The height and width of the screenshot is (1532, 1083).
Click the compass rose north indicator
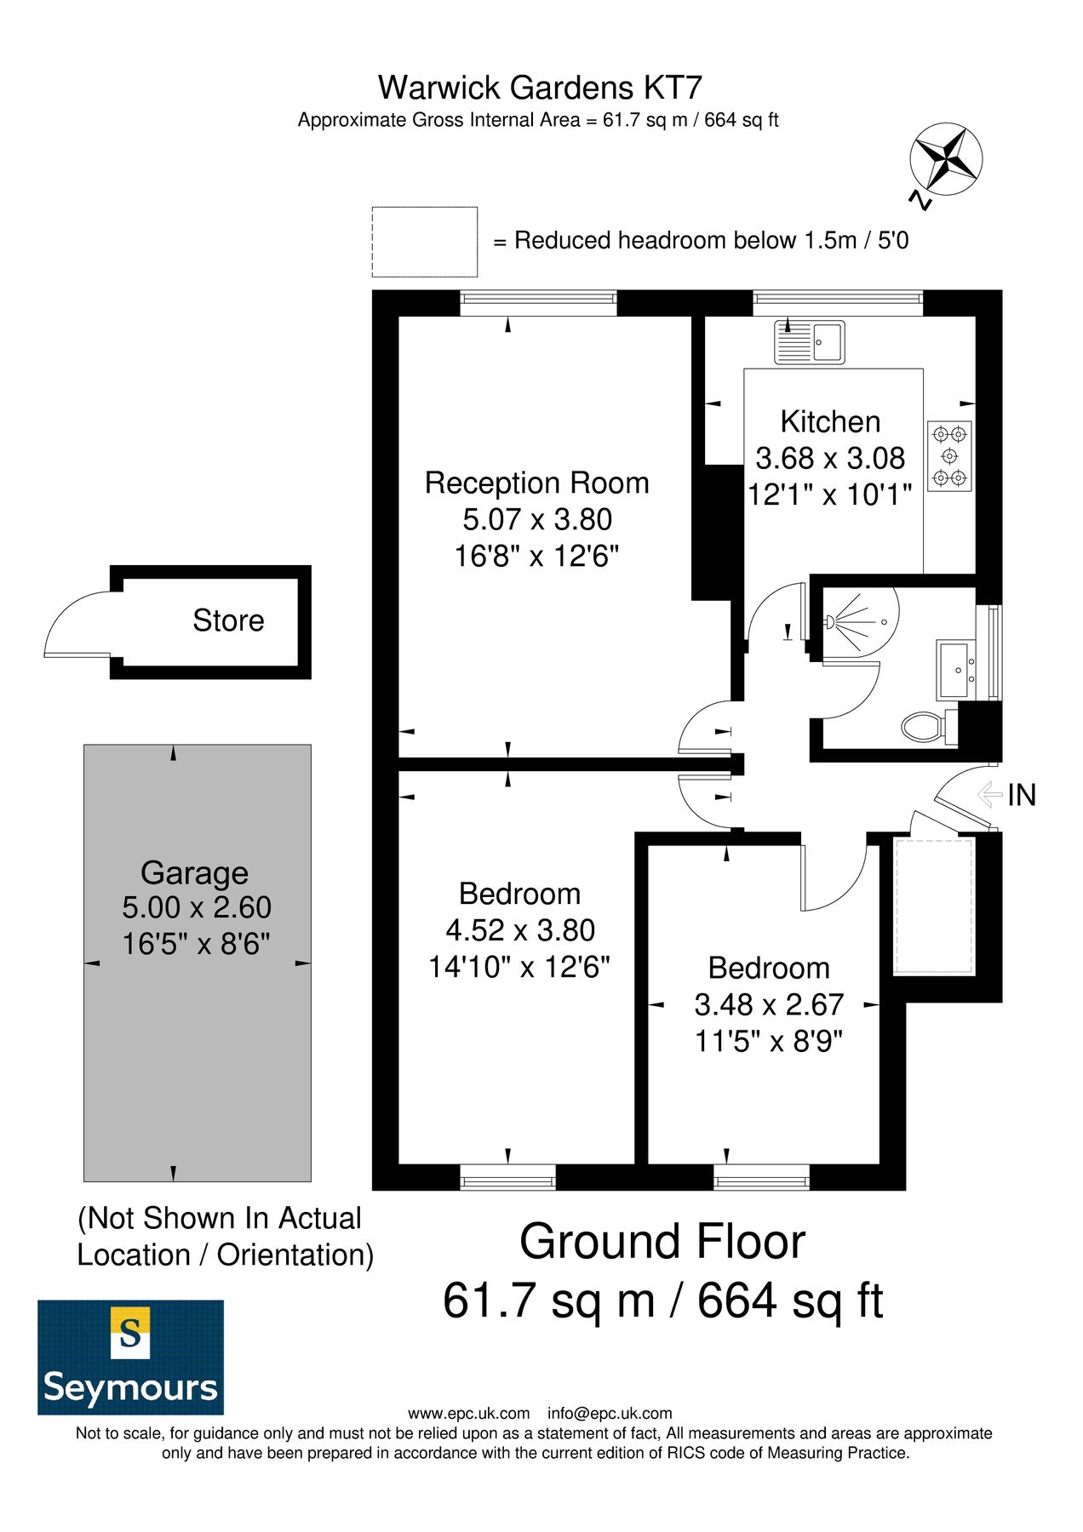point(946,159)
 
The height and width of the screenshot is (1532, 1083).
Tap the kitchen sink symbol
point(809,342)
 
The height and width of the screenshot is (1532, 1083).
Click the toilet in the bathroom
point(923,728)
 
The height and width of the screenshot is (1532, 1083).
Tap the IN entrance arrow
point(990,795)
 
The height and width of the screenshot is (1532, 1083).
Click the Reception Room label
point(536,483)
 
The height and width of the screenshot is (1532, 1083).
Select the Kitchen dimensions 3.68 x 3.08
point(830,458)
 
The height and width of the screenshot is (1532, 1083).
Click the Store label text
point(228,620)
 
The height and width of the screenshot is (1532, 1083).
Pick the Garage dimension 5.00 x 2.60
point(197,907)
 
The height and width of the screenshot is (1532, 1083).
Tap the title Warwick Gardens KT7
point(540,88)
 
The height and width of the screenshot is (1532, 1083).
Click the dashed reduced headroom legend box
point(424,242)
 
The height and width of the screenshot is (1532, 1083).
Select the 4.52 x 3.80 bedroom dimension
point(520,930)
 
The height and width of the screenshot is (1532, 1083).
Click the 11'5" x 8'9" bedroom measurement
point(769,1041)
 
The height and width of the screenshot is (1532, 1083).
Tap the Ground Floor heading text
point(662,1242)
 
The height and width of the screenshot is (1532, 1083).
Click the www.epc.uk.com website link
point(468,1414)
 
